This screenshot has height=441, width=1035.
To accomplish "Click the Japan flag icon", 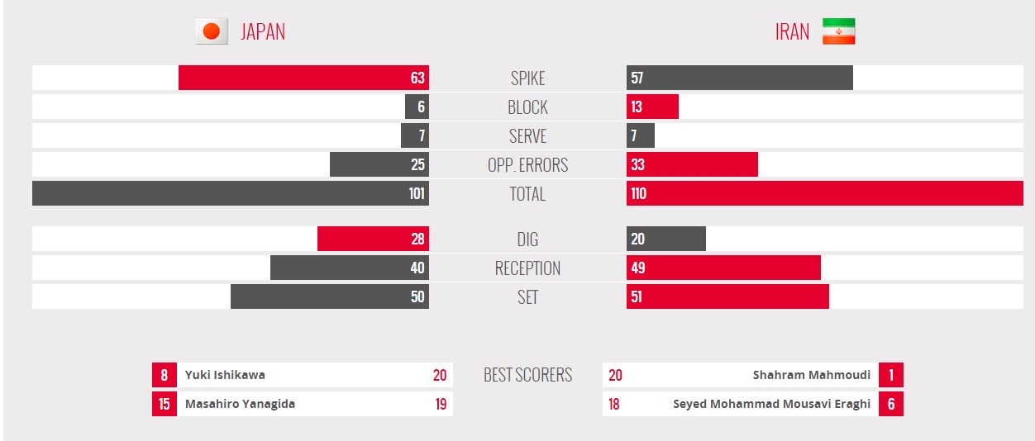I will (x=211, y=31).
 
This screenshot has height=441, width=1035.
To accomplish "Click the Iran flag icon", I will (x=838, y=31).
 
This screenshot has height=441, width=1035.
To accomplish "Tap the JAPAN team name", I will (x=263, y=31).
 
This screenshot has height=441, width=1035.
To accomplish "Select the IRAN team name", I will (x=792, y=31).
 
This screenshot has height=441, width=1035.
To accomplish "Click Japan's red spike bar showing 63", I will (x=303, y=78).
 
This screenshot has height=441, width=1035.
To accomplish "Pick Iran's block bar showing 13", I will (x=652, y=107).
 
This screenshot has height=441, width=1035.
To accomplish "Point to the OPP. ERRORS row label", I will (x=527, y=164).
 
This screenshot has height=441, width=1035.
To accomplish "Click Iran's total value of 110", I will (x=638, y=193).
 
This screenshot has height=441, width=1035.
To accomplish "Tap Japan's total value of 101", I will (x=417, y=193).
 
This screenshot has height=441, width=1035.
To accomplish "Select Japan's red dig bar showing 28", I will (x=373, y=239).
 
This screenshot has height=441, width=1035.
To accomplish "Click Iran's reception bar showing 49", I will (x=723, y=268).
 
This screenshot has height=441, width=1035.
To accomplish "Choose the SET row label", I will (x=527, y=296).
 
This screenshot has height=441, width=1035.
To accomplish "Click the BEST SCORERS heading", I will (x=527, y=375).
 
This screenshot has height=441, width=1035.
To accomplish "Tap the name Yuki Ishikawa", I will (x=225, y=375).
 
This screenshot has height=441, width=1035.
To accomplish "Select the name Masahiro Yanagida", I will (x=240, y=404).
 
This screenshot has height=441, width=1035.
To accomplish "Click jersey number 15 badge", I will (x=165, y=404).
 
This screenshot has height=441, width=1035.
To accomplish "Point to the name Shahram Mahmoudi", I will (x=811, y=375).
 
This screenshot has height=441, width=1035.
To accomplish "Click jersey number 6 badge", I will (x=891, y=404).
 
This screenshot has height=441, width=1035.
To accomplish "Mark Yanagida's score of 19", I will (x=441, y=404).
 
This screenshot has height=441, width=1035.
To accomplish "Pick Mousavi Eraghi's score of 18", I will (x=614, y=404).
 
